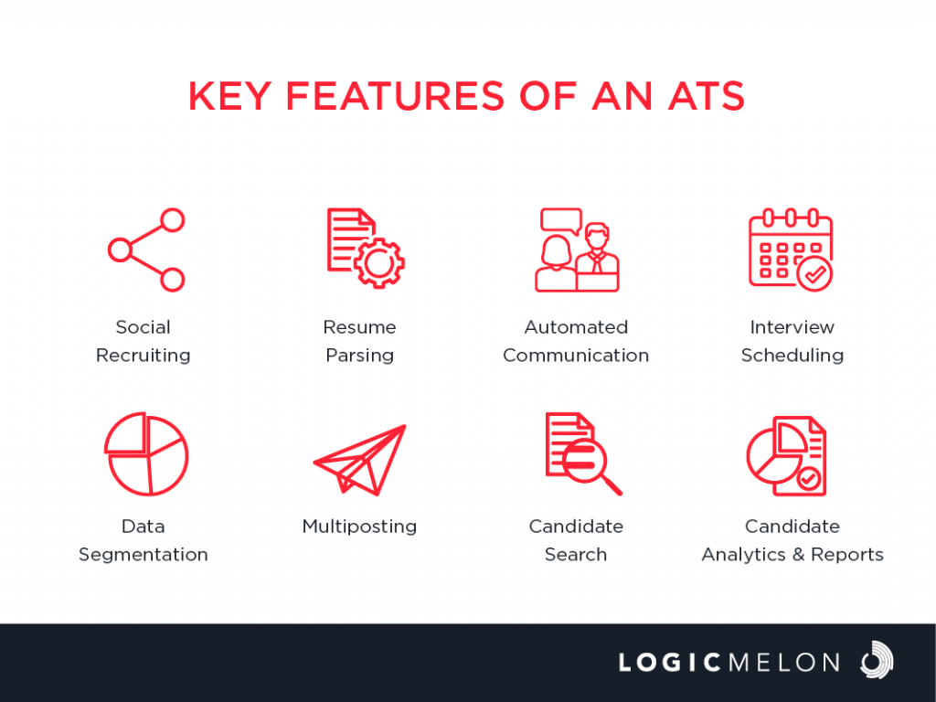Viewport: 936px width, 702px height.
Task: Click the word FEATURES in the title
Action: (395, 96)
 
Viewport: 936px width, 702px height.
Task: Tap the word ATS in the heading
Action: (707, 96)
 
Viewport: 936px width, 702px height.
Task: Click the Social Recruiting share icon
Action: (146, 250)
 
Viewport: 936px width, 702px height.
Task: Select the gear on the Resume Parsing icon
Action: (379, 262)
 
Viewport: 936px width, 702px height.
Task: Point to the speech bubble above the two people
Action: (560, 221)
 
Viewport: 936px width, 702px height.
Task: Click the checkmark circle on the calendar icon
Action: (814, 274)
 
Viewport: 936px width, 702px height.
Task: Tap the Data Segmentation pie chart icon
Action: (146, 453)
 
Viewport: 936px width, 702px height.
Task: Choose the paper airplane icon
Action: (360, 460)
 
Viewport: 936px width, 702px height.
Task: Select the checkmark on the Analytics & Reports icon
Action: (809, 478)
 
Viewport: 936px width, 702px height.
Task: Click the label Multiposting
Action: (359, 526)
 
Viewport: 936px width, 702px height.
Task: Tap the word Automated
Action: (576, 327)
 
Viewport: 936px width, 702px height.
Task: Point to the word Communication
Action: (576, 356)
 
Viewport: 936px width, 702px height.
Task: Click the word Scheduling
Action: (792, 356)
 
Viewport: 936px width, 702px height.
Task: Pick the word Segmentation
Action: (144, 555)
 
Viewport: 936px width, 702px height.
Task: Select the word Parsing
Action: (360, 356)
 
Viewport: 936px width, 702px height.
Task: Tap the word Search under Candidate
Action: (576, 555)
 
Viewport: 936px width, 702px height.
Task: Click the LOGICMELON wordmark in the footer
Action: (729, 663)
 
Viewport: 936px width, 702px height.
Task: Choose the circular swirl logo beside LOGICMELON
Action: (877, 660)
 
